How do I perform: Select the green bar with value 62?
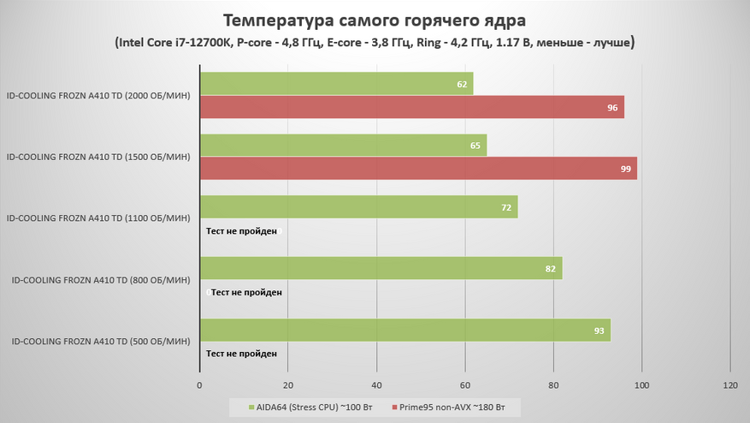coord(336,84)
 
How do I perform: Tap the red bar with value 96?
coord(411,107)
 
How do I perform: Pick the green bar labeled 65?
coord(342,146)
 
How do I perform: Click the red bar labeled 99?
coord(418,169)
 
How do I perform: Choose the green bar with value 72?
coord(358,207)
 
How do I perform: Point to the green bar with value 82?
coord(381,269)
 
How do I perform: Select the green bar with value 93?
coord(405,331)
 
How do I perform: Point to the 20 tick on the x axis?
coord(288,384)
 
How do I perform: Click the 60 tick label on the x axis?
coord(465,384)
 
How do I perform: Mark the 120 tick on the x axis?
coord(729,384)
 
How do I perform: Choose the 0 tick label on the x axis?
coord(199,384)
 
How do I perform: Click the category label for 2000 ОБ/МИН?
coord(97,96)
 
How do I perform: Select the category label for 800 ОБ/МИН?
coord(100,280)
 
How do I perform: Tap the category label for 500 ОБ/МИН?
coord(100,342)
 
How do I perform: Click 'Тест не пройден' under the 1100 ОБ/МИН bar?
coord(241,230)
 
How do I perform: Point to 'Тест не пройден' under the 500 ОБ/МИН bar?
coord(241,353)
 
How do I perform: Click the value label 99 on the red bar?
coord(626,170)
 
